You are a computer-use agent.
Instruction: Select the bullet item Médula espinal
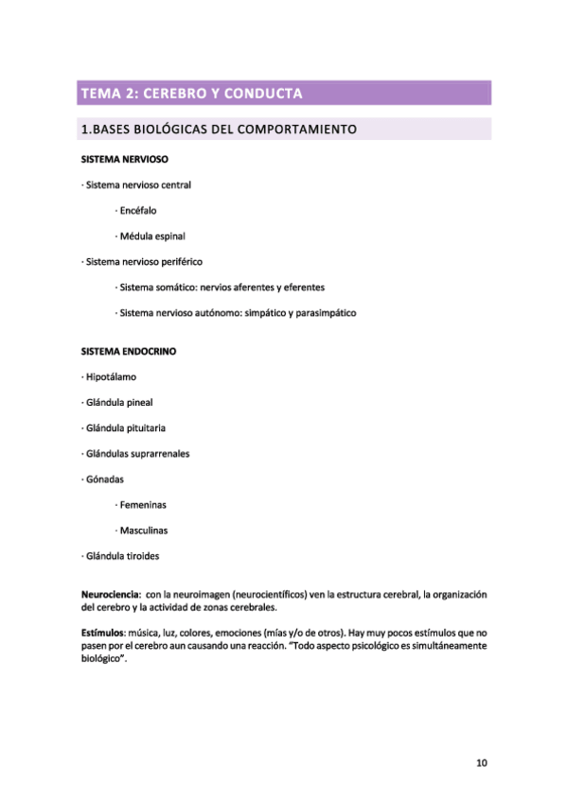pos(152,235)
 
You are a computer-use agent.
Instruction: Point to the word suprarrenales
pos(157,453)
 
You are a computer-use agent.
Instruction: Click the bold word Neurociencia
pos(112,594)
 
